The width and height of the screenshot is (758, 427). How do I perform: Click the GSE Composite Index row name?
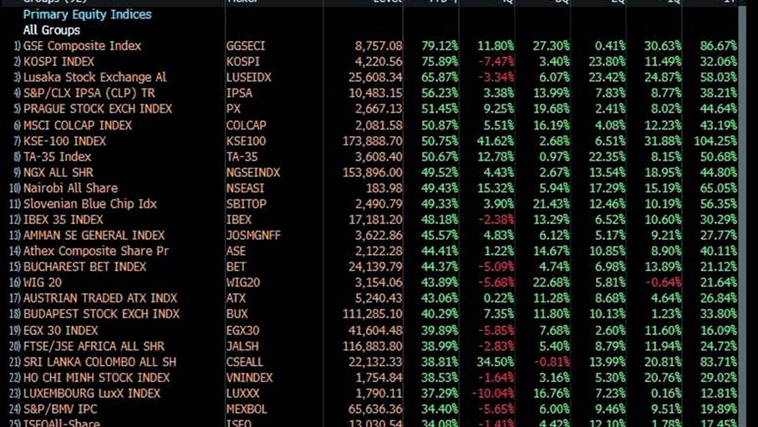pyautogui.click(x=82, y=46)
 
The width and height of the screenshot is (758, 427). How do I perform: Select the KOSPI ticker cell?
pyautogui.click(x=243, y=62)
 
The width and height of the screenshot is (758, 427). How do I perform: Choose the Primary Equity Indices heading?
pyautogui.click(x=87, y=14)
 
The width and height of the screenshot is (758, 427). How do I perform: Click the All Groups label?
pyautogui.click(x=53, y=30)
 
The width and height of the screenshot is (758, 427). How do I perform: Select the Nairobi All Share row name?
pyautogui.click(x=70, y=188)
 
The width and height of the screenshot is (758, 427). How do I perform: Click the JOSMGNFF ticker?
pyautogui.click(x=255, y=236)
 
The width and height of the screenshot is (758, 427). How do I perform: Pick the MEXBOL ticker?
pyautogui.click(x=247, y=409)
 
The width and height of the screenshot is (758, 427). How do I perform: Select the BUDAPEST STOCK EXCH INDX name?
pyautogui.click(x=101, y=314)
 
